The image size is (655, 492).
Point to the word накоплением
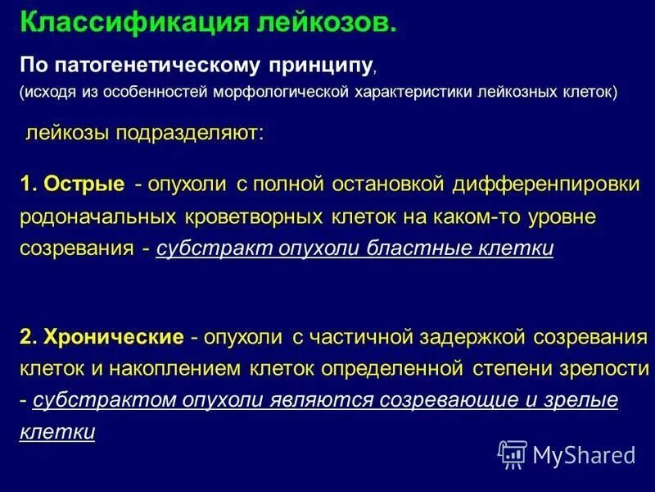pyautogui.click(x=173, y=368)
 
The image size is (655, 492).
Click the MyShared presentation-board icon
pyautogui.click(x=513, y=453)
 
